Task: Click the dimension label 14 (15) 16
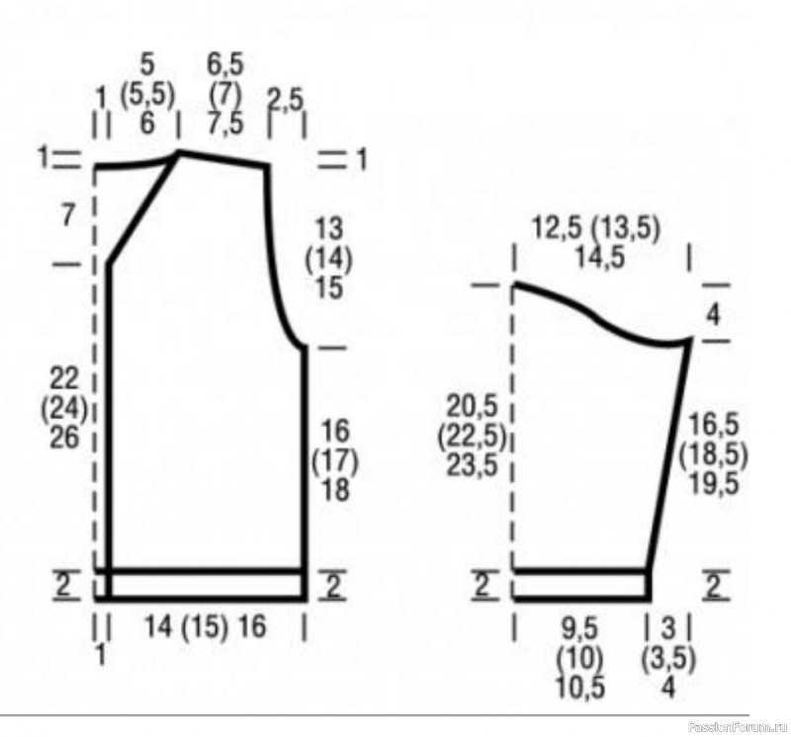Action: click(205, 626)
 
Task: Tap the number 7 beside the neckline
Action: click(68, 216)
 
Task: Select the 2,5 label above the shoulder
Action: click(286, 100)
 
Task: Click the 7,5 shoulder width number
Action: click(225, 123)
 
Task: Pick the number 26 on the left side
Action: click(64, 437)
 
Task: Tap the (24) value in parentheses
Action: click(64, 409)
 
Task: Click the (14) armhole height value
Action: click(329, 260)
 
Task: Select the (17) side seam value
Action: click(335, 461)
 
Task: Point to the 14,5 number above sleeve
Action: click(600, 258)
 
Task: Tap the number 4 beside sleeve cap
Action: click(713, 315)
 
